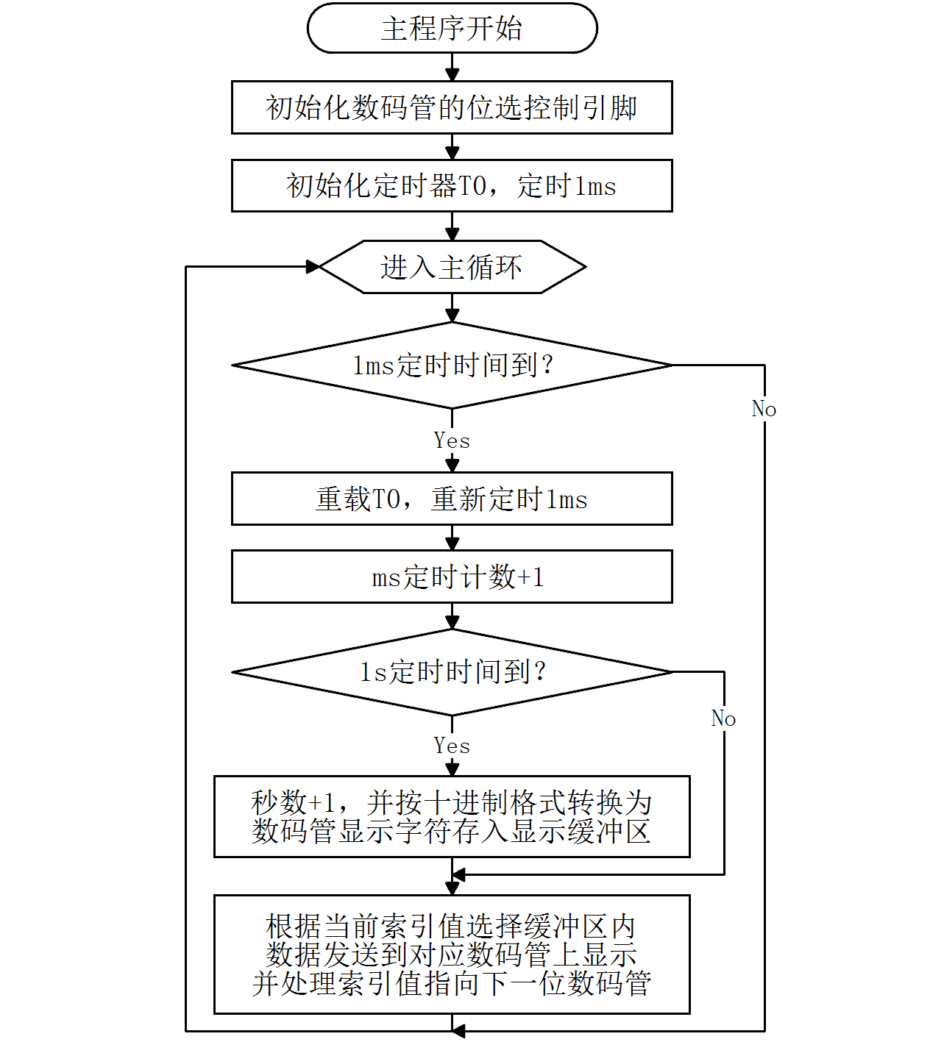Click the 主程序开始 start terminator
(452, 29)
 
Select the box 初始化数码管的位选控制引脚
(452, 107)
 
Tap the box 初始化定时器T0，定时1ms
(452, 185)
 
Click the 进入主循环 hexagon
(452, 267)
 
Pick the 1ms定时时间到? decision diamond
(452, 365)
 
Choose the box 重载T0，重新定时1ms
(452, 499)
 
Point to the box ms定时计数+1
(452, 577)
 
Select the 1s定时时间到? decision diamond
(452, 672)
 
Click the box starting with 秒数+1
(452, 816)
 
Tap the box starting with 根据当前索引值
(452, 954)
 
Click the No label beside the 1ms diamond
(764, 409)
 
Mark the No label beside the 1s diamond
(723, 718)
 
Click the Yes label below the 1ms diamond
(452, 440)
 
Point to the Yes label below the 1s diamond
(452, 746)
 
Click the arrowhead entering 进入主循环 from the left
(313, 267)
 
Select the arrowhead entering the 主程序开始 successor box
(453, 74)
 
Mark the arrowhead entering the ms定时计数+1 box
(453, 543)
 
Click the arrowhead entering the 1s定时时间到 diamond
(453, 622)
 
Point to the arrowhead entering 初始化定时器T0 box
(453, 153)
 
